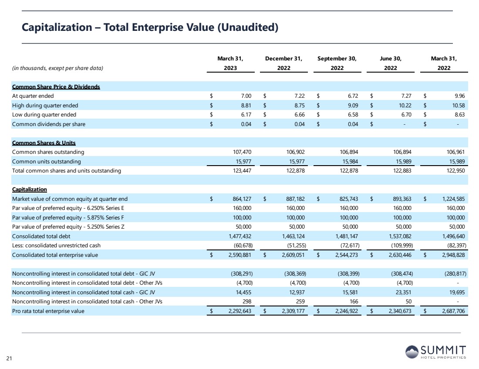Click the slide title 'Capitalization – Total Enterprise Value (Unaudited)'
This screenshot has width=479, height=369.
coord(150,27)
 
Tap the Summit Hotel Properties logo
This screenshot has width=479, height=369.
coord(435,352)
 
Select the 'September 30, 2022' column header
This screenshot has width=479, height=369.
coord(337,63)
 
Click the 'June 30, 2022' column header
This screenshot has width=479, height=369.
coord(390,63)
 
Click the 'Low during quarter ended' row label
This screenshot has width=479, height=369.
coord(44,115)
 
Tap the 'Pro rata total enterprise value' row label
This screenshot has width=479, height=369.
coord(48,311)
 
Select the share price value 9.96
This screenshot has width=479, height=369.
coord(458,96)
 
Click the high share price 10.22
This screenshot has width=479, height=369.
coord(404,105)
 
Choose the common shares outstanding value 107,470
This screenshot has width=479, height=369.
coord(243,152)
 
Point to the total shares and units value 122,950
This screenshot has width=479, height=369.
coord(455,171)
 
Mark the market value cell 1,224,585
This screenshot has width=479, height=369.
coord(452,199)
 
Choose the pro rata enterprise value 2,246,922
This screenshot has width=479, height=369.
coord(346,311)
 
